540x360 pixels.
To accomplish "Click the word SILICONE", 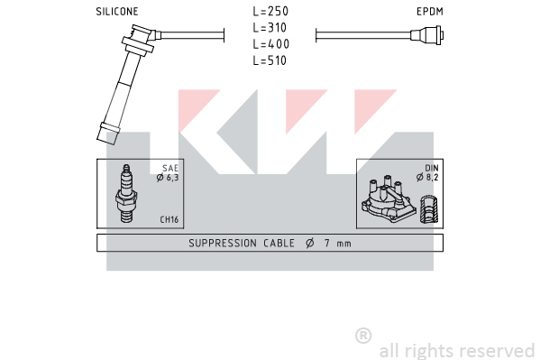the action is coord(117,12).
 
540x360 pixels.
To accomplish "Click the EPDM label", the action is coord(430,12).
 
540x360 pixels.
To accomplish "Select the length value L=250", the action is coord(270,11).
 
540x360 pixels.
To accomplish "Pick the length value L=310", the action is coord(270,28).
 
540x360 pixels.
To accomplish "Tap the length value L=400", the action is coord(270,44).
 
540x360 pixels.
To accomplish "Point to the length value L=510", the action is coord(270,60).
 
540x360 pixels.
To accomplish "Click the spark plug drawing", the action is coord(126,193).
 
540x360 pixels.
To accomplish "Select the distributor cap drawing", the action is coord(389,199).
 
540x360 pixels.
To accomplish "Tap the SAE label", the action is coord(170,169).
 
